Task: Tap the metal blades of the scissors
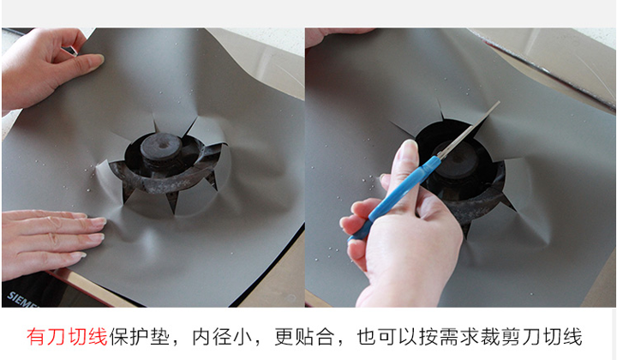tap(468, 129)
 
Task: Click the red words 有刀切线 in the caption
tap(68, 337)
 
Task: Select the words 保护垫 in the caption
tap(140, 337)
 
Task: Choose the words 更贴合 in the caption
tap(304, 337)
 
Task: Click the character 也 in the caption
tap(367, 337)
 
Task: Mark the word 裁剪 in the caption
tap(500, 337)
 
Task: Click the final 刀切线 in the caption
tap(552, 337)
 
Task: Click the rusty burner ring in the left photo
tap(165, 182)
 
